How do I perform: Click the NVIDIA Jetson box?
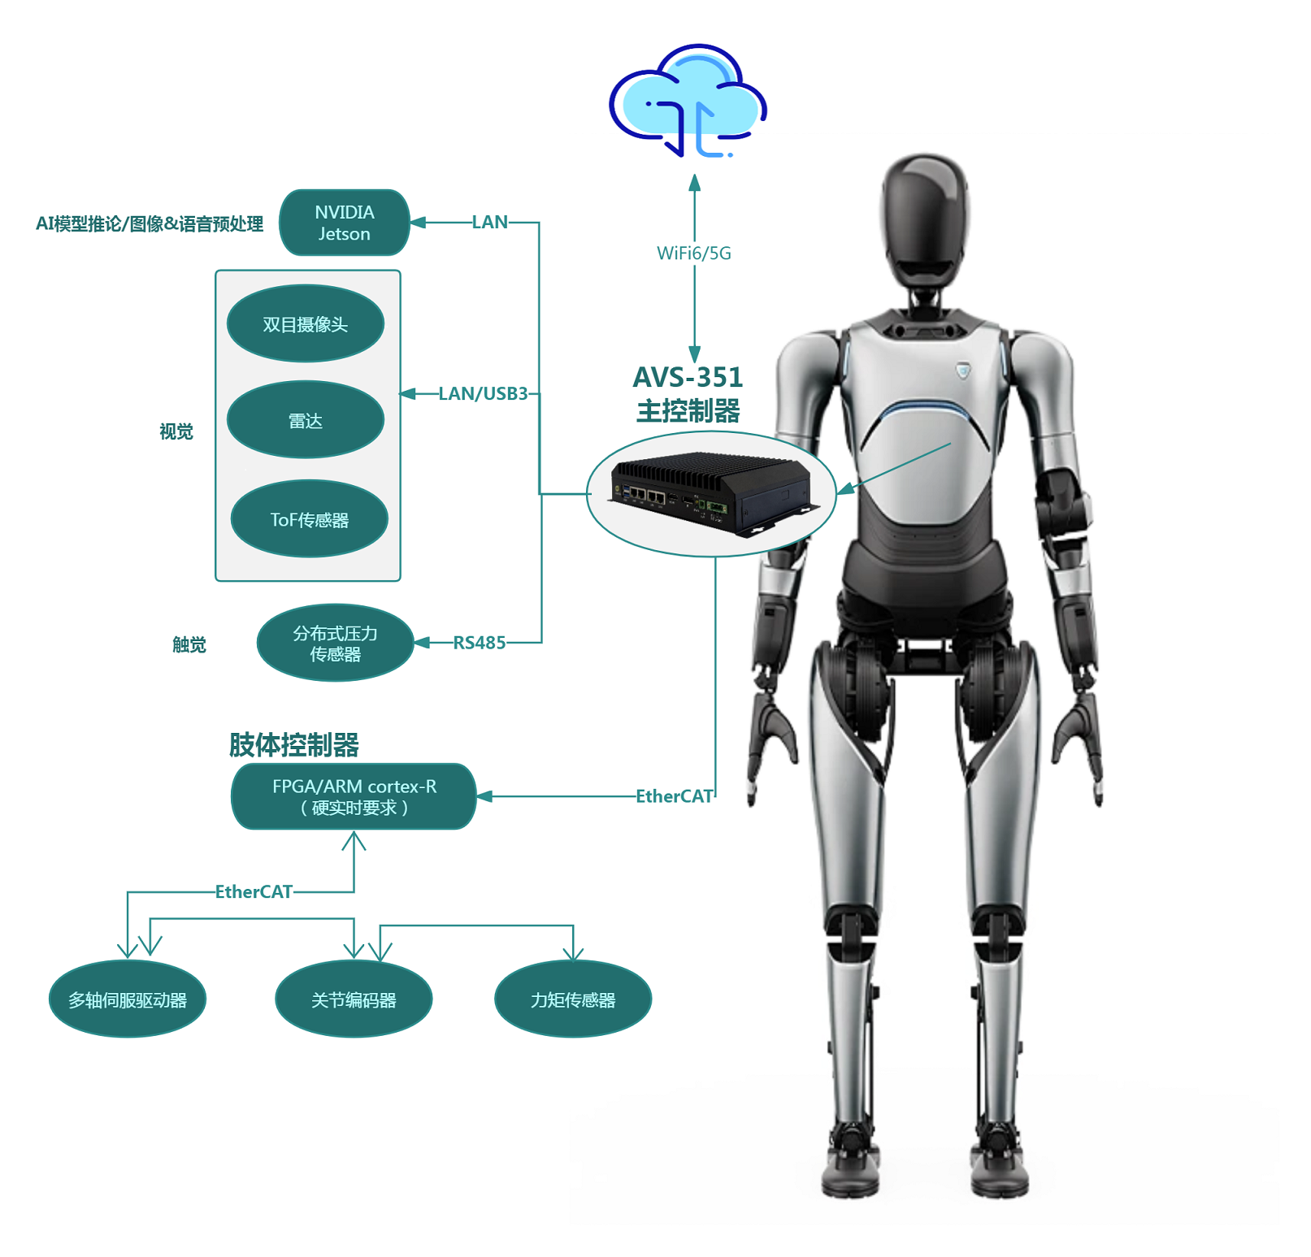(x=344, y=223)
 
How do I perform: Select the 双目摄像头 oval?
(x=306, y=323)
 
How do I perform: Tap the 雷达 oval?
(x=306, y=420)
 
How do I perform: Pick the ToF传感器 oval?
(x=310, y=519)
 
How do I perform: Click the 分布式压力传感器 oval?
(x=335, y=643)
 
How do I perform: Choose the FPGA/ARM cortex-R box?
(x=354, y=796)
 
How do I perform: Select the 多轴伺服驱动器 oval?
(x=128, y=999)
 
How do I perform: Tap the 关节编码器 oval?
(x=354, y=999)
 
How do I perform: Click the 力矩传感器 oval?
(x=573, y=999)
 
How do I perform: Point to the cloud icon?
(x=688, y=101)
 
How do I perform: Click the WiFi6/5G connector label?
(x=694, y=254)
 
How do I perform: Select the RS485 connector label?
(x=480, y=643)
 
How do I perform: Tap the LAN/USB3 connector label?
(x=484, y=394)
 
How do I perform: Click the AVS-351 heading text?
(x=688, y=378)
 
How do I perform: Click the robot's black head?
(x=925, y=219)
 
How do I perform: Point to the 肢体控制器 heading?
(x=294, y=744)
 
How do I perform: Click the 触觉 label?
(x=189, y=645)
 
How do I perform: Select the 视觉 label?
(x=176, y=431)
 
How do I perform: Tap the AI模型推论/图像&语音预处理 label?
(x=150, y=224)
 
